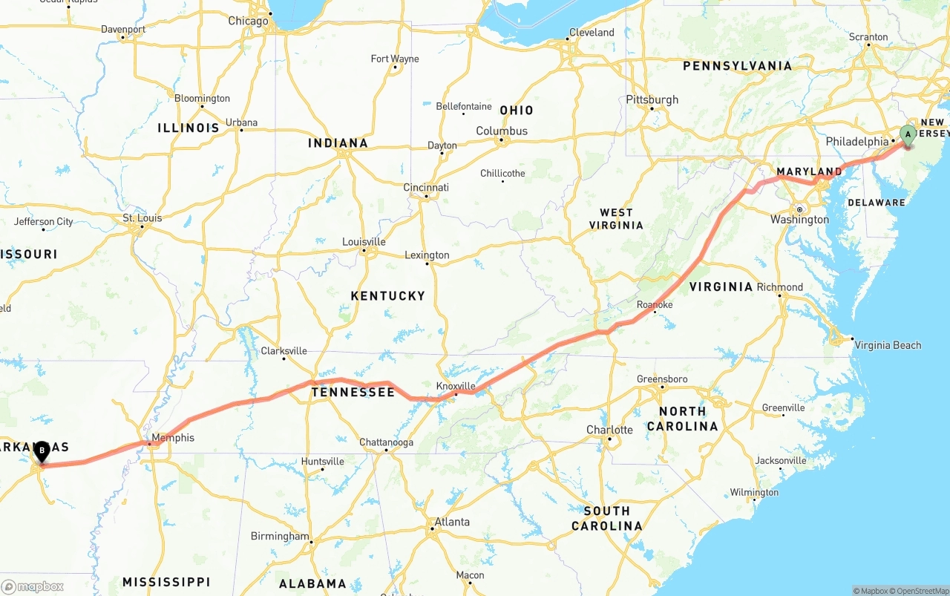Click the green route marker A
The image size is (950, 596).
coord(907,135)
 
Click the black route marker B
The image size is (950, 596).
coord(42,450)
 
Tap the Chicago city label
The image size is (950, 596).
coord(248,21)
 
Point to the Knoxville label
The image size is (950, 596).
coord(455,386)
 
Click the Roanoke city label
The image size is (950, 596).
coord(655,304)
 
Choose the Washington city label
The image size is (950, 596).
coord(799,220)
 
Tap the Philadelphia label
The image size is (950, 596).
coord(856,142)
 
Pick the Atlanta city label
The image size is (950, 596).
coord(452,522)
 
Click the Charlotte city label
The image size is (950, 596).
coord(609,430)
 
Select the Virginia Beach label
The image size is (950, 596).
coord(888,345)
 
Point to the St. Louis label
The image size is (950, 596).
coord(142,218)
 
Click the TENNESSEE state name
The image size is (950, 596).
coord(353,392)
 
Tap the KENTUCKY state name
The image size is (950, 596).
coord(387,295)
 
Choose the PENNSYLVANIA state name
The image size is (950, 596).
coord(737,66)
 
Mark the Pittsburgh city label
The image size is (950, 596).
coord(652,99)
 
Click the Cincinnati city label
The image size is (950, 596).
coord(426,187)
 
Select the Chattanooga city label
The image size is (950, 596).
coord(386,442)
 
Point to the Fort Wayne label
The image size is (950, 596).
coord(394,59)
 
